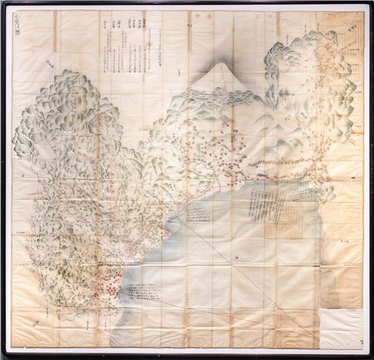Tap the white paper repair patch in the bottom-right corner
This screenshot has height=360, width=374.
[x=341, y=325]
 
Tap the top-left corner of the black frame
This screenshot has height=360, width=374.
[x=3, y=3]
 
